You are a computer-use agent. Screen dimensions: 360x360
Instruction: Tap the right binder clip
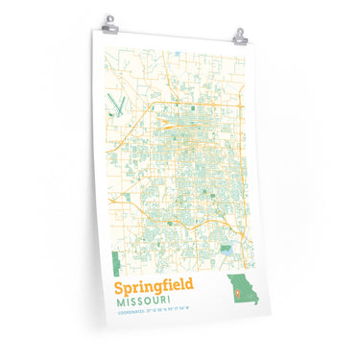240,36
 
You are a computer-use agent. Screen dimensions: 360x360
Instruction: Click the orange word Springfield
153,287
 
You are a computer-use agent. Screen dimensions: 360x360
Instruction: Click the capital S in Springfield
119,286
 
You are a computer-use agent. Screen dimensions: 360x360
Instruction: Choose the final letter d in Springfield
188,286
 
